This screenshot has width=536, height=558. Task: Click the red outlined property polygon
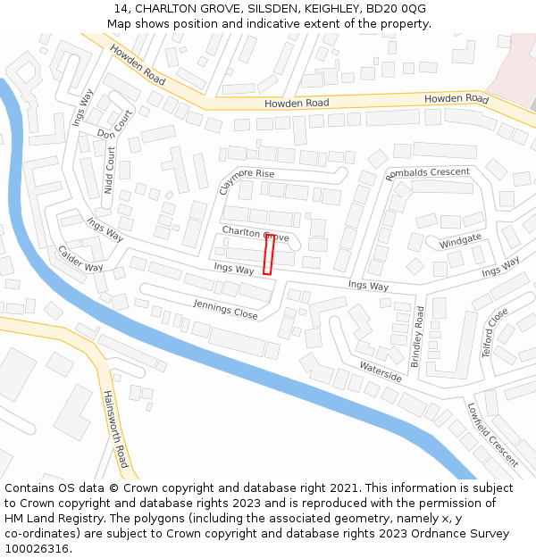(x=268, y=254)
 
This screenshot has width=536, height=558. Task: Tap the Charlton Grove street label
(x=255, y=235)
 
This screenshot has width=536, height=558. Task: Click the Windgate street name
(x=460, y=241)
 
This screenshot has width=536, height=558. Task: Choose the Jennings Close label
(x=225, y=310)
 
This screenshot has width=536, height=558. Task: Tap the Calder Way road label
(x=80, y=259)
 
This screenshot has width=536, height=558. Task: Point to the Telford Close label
(x=495, y=332)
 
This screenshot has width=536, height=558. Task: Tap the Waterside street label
(x=381, y=371)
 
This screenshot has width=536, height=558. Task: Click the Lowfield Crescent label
(x=492, y=434)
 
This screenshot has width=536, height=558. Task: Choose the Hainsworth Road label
(x=115, y=429)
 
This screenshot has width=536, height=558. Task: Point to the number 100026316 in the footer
(x=37, y=549)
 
